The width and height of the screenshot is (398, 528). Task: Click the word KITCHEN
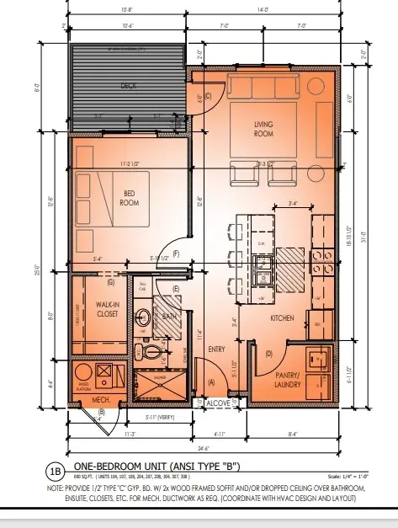(281, 320)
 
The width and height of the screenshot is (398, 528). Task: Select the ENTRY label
(216, 349)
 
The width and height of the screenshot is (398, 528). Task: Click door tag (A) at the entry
(210, 383)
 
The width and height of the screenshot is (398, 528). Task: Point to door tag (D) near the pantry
(268, 354)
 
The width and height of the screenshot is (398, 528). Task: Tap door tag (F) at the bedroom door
(176, 253)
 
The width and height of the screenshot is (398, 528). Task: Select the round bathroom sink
(144, 318)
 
